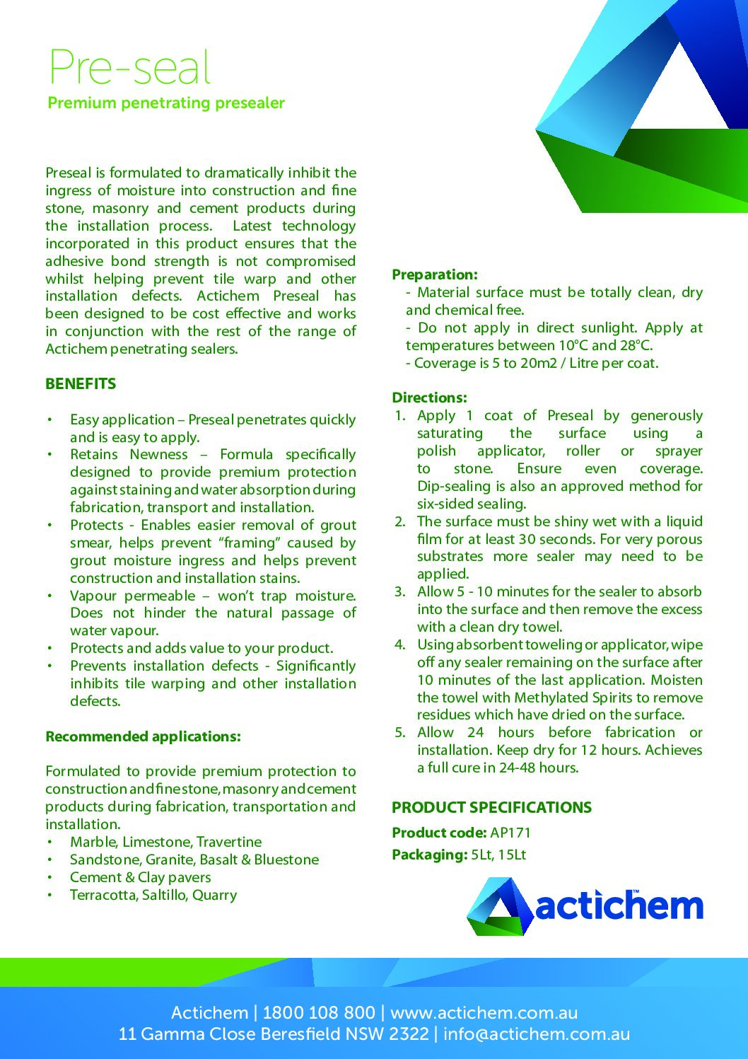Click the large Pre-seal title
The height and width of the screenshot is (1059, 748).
pyautogui.click(x=129, y=68)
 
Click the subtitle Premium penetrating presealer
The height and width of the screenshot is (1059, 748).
pyautogui.click(x=166, y=103)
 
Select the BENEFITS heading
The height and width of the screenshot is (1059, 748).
pyautogui.click(x=81, y=384)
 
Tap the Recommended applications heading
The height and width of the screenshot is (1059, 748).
pyautogui.click(x=143, y=736)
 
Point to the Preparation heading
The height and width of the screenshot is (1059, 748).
pyautogui.click(x=435, y=274)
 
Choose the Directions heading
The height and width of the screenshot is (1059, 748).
pyautogui.click(x=429, y=398)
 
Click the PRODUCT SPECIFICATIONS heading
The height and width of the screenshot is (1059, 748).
pyautogui.click(x=491, y=808)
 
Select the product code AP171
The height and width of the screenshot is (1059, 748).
pyautogui.click(x=510, y=833)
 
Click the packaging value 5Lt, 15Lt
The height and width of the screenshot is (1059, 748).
pyautogui.click(x=498, y=855)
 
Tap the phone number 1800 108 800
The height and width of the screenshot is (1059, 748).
pyautogui.click(x=319, y=1012)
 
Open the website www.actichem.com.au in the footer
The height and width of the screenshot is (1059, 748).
pyautogui.click(x=484, y=1012)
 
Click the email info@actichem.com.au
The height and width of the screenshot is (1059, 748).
pyautogui.click(x=537, y=1034)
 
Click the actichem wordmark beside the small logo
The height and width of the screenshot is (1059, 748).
pyautogui.click(x=619, y=905)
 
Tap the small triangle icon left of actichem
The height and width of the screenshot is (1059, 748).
pyautogui.click(x=498, y=906)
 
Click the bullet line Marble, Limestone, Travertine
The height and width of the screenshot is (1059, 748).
pyautogui.click(x=165, y=842)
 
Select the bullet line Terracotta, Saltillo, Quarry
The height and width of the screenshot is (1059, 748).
pyautogui.click(x=153, y=895)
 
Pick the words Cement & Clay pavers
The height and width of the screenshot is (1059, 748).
pyautogui.click(x=140, y=877)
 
